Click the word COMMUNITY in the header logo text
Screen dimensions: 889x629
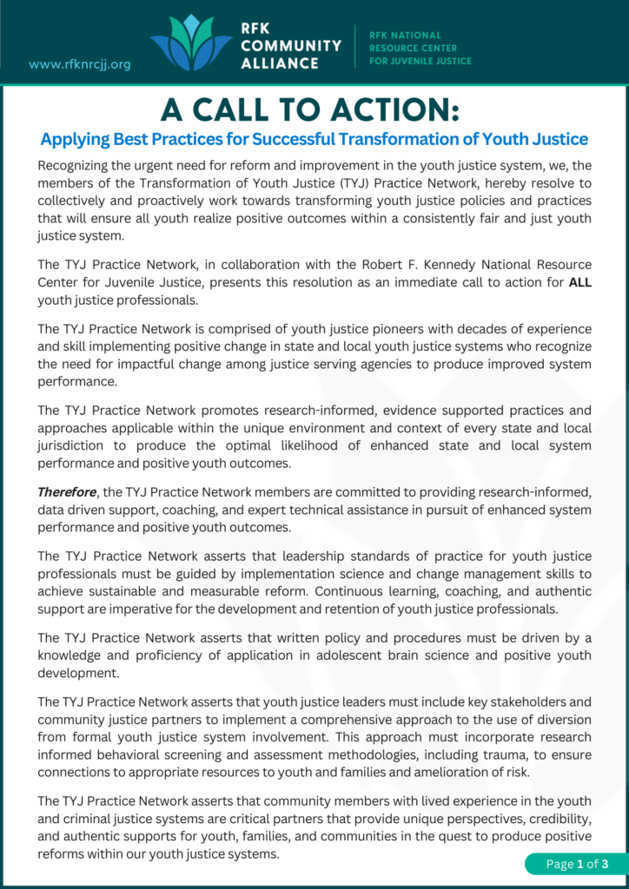click(291, 45)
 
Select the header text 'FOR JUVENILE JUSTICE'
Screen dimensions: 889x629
click(420, 62)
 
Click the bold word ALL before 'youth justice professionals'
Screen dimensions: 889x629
click(579, 282)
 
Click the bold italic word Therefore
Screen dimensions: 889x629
click(65, 491)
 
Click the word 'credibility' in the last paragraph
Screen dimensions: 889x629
click(556, 820)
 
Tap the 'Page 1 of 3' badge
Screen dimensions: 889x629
click(572, 863)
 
